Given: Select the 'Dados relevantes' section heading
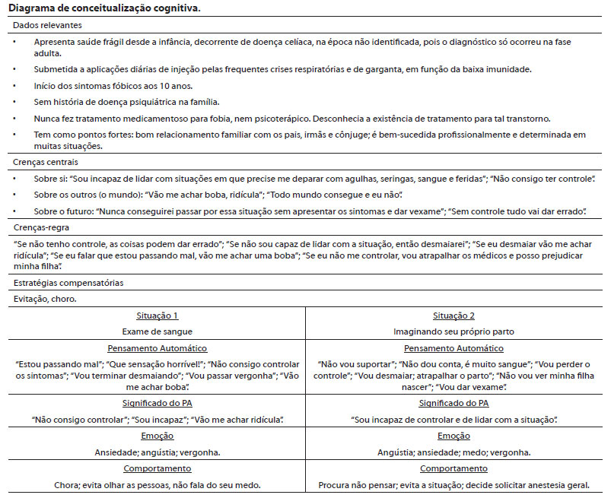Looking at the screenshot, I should [x=46, y=25].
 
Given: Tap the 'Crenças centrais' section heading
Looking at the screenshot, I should [x=45, y=163].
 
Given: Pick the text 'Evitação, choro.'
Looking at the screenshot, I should [x=45, y=299].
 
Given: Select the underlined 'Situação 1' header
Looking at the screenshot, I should [x=158, y=316].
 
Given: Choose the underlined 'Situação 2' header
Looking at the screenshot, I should [x=453, y=316].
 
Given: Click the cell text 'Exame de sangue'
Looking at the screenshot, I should [x=158, y=331].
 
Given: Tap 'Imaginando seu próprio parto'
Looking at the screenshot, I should [x=453, y=331].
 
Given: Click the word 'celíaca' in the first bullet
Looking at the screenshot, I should [x=290, y=41].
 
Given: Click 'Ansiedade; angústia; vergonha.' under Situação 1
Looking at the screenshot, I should [x=158, y=452].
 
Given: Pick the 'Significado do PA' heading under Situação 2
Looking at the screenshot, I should [x=453, y=403].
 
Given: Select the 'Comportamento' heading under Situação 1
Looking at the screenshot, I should [x=158, y=468].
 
